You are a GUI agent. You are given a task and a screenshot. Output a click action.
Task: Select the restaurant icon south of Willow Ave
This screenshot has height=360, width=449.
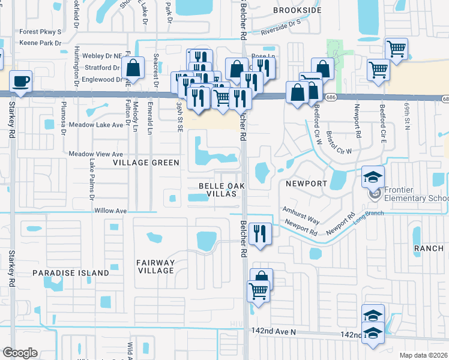point(259,233)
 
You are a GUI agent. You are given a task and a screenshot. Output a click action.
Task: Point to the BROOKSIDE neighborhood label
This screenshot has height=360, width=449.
point(294,10)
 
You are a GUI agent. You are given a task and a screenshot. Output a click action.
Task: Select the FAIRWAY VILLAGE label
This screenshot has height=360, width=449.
point(155,266)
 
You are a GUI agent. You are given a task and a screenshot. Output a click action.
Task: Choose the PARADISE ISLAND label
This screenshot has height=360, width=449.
point(71,272)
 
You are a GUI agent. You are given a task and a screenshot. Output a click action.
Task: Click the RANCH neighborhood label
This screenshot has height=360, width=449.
point(428,248)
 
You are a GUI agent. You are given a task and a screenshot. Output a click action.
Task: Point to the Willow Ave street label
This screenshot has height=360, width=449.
point(110,211)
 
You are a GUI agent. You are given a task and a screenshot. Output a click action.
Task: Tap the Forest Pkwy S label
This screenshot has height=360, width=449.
point(40,32)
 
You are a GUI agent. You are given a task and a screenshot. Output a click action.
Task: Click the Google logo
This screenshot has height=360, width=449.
point(20,353)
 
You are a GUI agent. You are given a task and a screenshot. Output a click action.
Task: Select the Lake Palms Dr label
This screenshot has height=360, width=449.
point(92,179)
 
